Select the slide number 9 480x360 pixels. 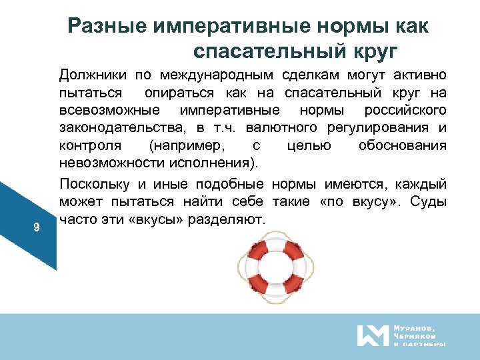click(x=37, y=228)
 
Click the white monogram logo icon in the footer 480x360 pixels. click(x=371, y=335)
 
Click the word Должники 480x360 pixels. click(x=92, y=74)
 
